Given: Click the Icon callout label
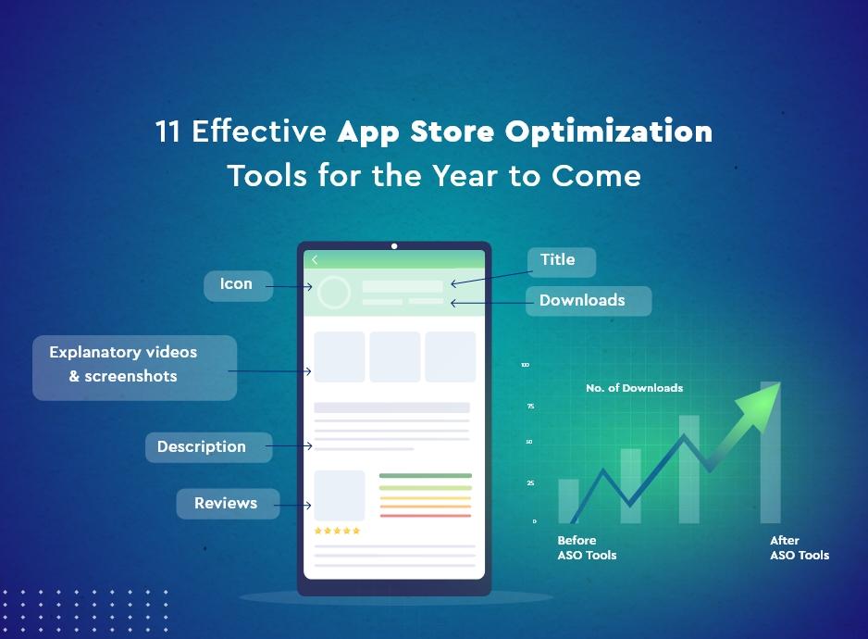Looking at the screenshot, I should point(236,285).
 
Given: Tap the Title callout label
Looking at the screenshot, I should point(558,260).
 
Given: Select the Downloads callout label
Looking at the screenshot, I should point(583,301).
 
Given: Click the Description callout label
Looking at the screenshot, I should point(202,447).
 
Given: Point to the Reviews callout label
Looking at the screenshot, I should point(226,504).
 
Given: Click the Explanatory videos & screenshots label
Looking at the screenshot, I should point(124,365).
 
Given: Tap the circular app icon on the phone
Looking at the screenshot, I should point(333,293).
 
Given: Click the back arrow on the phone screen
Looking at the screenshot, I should point(315,260).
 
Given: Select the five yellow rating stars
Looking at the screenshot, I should point(337,532).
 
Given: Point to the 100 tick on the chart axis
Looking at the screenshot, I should point(525,366).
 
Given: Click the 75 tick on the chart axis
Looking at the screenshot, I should point(530,407).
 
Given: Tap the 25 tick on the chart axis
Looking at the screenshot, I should point(530,483).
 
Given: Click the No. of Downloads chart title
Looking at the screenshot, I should point(634,388).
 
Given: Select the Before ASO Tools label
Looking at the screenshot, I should point(587,547).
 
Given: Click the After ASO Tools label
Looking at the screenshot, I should point(800,547).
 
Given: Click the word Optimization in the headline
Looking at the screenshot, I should point(609,132).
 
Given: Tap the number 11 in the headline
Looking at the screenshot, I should point(167,132).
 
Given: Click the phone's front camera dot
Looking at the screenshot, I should point(394,246).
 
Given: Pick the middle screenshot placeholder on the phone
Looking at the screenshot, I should point(395,357).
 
